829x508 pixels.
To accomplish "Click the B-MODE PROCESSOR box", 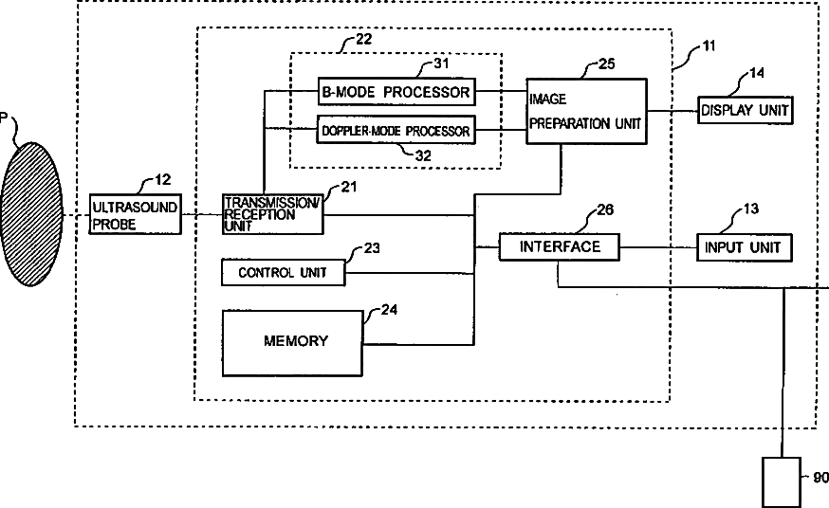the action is click(396, 92).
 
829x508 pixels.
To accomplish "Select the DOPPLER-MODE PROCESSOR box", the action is click(396, 130).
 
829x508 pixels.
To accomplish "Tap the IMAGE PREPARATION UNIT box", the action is click(586, 111).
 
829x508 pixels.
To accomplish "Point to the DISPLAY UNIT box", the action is click(745, 110).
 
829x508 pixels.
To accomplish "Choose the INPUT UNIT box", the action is click(744, 247).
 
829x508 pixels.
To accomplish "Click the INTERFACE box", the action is click(560, 247).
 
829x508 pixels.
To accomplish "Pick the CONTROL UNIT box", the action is click(284, 273).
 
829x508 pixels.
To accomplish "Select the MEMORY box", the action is click(292, 343).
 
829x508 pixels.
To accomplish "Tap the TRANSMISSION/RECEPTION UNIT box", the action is click(273, 214).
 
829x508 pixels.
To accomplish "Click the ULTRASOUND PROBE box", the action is click(136, 214).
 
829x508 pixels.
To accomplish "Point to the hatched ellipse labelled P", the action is click(31, 214).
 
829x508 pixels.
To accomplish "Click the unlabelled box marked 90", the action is click(782, 482).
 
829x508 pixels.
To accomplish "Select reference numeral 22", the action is click(363, 39).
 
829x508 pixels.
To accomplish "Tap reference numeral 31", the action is click(441, 63).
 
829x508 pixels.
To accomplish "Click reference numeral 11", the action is click(709, 45).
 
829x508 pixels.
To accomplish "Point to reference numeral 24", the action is click(389, 310).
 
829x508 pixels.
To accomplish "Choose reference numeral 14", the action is click(757, 73).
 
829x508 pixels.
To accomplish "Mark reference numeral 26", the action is click(605, 209).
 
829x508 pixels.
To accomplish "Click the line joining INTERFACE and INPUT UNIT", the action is click(658, 247).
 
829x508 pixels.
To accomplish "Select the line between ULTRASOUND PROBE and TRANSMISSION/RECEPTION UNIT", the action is click(202, 214).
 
